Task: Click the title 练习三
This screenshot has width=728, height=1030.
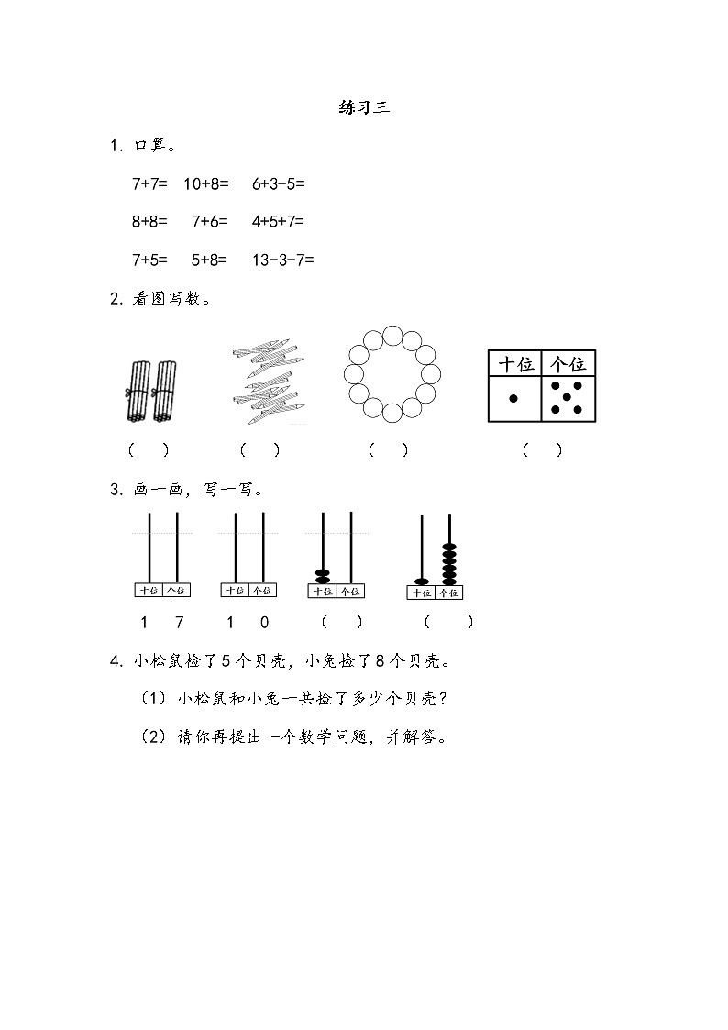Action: click(364, 107)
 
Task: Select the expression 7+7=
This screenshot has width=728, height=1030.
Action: click(149, 183)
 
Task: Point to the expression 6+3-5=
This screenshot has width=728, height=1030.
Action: click(278, 183)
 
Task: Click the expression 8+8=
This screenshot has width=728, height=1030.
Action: click(149, 221)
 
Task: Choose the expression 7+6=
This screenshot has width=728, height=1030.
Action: click(210, 221)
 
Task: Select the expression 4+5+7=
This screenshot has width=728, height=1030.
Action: click(278, 221)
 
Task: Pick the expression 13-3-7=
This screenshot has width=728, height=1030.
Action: click(282, 260)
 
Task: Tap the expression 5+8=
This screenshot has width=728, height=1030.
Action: click(209, 260)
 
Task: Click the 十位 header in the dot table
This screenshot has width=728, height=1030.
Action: click(514, 364)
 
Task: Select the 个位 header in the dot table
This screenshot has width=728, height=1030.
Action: click(568, 364)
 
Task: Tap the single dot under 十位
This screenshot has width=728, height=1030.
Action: click(513, 398)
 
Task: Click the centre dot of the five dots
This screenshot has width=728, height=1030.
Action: click(567, 397)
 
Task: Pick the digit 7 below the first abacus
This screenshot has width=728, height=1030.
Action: click(179, 622)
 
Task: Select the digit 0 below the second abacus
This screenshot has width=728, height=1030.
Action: click(264, 622)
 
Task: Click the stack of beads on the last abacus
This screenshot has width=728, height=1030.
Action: click(449, 563)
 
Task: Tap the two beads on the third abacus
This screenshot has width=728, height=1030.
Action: click(323, 576)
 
